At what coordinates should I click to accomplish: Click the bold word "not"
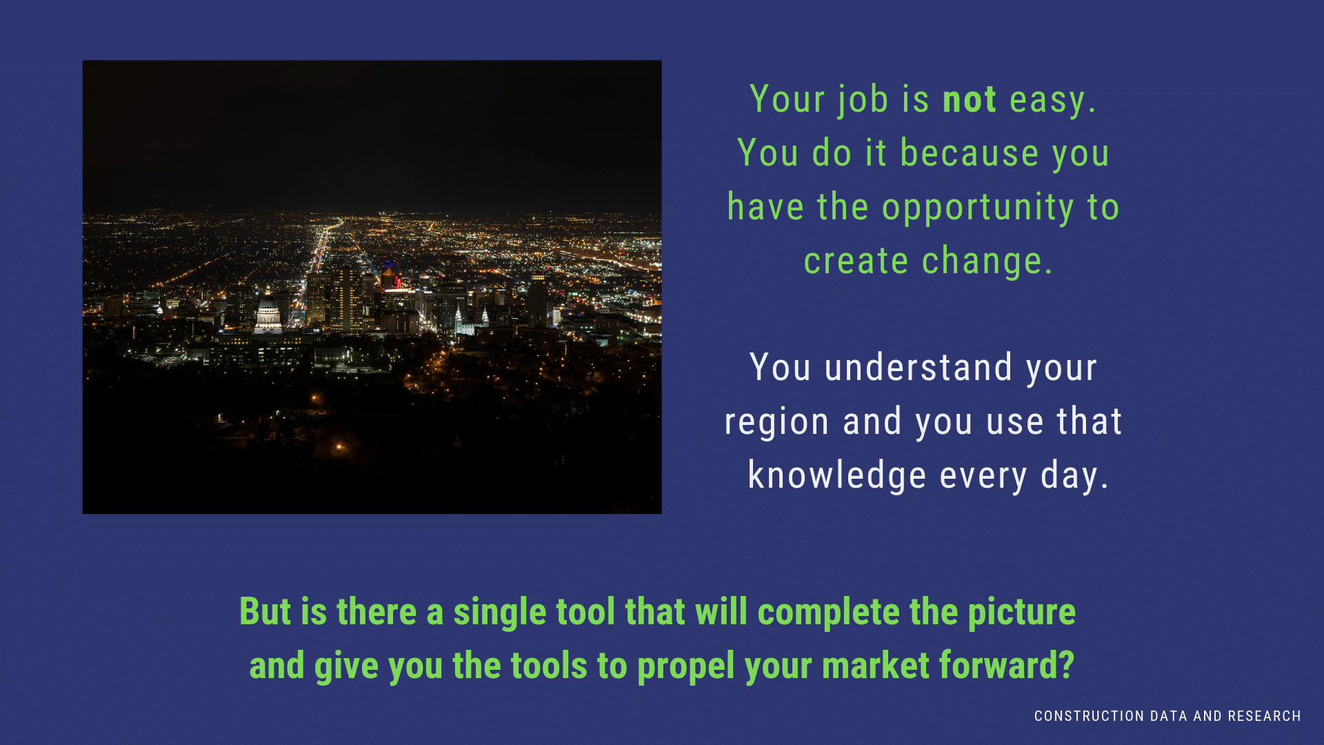coord(970,99)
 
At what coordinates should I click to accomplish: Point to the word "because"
coord(970,153)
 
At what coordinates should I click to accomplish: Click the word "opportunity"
coord(978,208)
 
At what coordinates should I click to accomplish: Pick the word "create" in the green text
coord(856,262)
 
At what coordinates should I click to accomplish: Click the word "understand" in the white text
coord(919,368)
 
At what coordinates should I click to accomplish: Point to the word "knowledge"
coord(837,476)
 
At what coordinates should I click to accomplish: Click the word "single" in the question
coord(500,613)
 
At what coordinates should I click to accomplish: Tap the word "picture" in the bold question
coord(1021,613)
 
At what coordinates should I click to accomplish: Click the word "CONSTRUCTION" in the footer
coord(1090,717)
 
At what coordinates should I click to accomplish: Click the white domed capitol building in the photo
coord(268,315)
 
